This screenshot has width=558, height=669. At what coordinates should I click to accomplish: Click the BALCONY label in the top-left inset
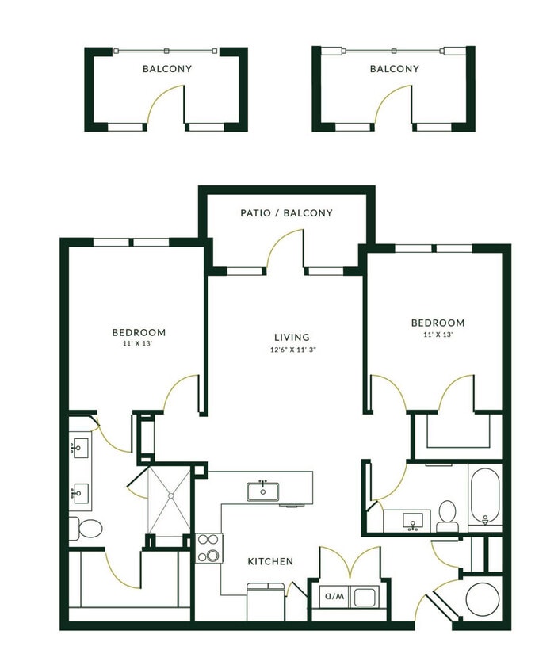tap(166, 69)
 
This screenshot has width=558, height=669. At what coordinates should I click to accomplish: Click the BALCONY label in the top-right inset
tap(394, 69)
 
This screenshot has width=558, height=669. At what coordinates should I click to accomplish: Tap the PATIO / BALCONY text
tap(286, 213)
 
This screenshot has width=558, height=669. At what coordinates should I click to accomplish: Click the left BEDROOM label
tap(139, 332)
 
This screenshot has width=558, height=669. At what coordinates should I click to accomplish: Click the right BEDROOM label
tap(438, 323)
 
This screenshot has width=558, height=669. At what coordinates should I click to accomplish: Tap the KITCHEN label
tap(270, 561)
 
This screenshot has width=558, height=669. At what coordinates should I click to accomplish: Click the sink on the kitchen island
tap(262, 491)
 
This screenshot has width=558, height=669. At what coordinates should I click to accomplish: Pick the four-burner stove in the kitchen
tap(209, 548)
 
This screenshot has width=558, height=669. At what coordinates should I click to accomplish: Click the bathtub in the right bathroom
tap(484, 498)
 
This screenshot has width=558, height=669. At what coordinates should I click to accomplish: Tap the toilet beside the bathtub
tap(448, 515)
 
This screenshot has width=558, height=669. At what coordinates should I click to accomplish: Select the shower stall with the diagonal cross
tap(170, 501)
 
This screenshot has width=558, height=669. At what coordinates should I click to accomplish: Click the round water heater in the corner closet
tap(482, 599)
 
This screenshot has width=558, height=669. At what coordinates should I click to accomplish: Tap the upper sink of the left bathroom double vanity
tap(78, 449)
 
